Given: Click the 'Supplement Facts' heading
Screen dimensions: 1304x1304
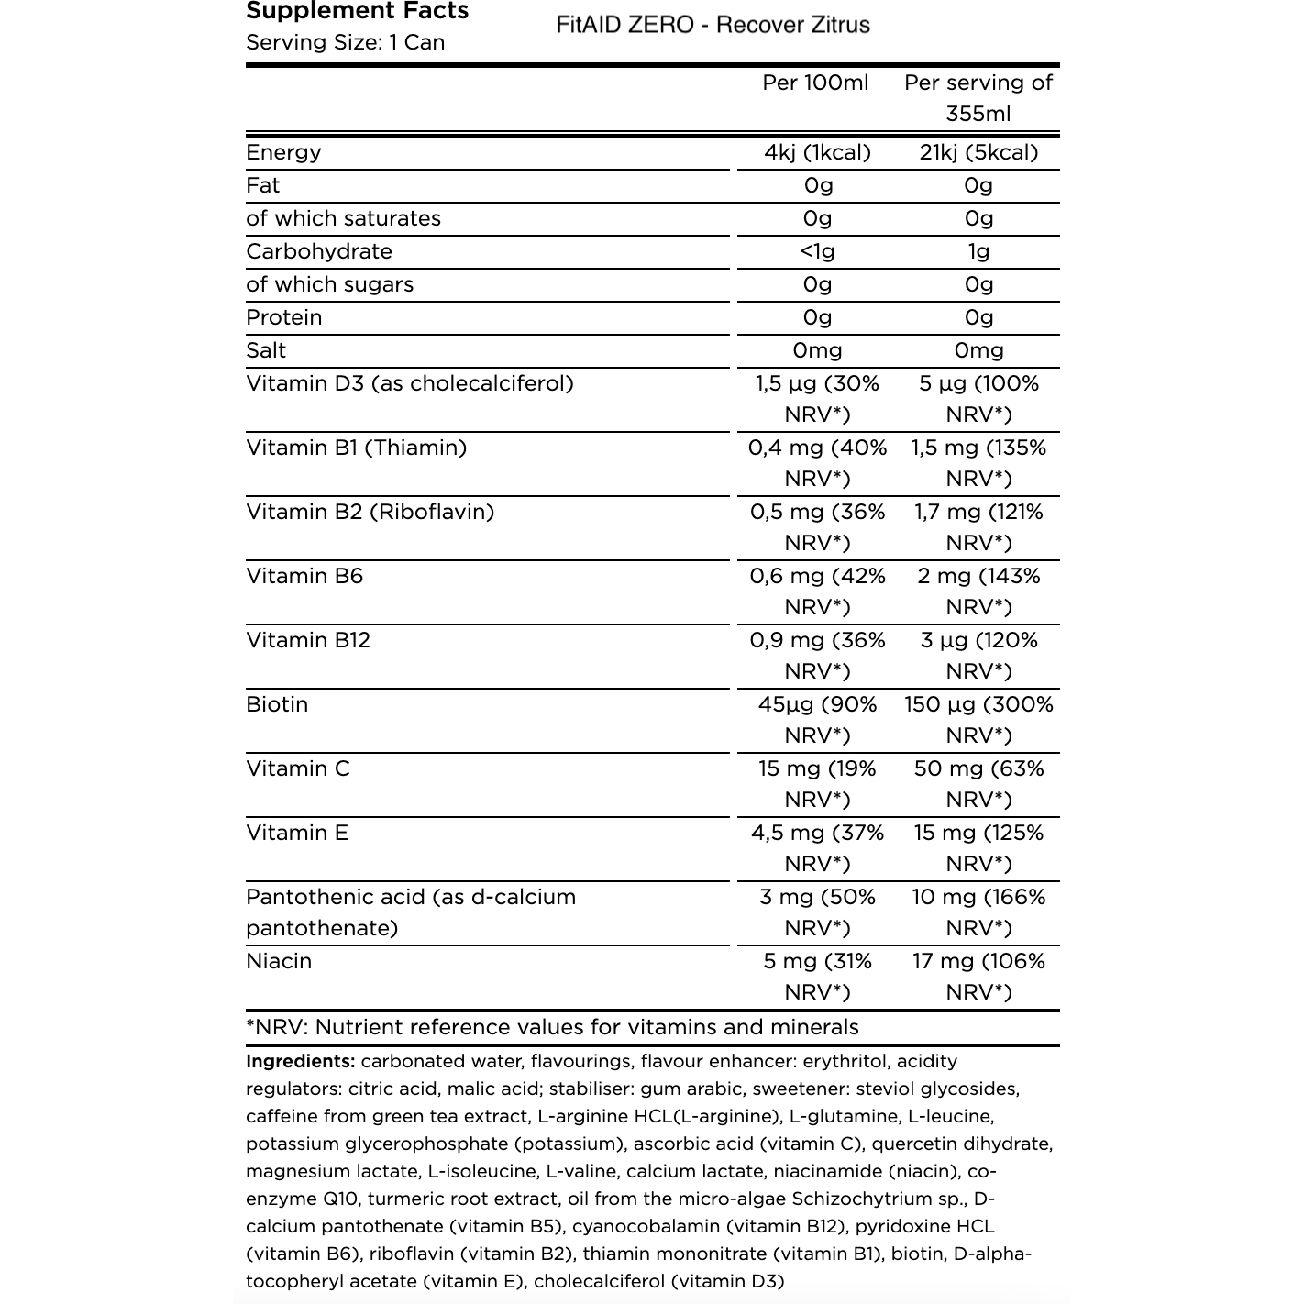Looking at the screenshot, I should (x=358, y=11).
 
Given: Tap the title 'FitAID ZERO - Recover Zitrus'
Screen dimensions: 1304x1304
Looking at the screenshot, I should (x=713, y=25).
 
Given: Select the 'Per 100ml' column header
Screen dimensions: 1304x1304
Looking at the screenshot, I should (x=815, y=83).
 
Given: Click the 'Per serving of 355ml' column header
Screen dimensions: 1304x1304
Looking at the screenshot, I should (x=978, y=98).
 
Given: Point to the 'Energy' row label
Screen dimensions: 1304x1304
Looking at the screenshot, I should (x=283, y=152).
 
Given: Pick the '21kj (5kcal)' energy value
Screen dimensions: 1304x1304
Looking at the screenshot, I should (x=978, y=152).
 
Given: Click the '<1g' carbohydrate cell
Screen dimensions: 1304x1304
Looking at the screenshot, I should (x=817, y=251).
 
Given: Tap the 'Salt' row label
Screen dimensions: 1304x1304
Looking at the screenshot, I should (x=266, y=350).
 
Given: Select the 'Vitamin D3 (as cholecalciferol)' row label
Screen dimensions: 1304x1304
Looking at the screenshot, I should (x=410, y=383).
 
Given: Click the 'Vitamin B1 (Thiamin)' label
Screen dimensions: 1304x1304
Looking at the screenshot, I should (x=356, y=448).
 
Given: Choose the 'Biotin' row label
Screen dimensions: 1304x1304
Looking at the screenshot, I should (x=277, y=704).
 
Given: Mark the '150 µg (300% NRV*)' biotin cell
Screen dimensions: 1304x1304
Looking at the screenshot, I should (x=978, y=720).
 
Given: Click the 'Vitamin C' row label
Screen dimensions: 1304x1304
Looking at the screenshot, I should (x=298, y=768).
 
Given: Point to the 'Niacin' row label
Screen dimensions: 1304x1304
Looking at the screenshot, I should (x=279, y=961).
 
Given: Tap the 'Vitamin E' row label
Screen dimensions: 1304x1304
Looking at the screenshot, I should (x=297, y=833).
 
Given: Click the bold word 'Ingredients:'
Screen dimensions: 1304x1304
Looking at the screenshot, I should (x=301, y=1061).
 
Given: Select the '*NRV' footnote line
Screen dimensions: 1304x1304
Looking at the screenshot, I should (x=552, y=1027).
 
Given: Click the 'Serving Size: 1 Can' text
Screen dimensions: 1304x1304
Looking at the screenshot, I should (x=346, y=42).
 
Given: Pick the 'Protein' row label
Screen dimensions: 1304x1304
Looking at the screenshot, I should (x=284, y=317).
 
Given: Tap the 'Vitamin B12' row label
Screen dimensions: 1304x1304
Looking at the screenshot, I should (x=308, y=640).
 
